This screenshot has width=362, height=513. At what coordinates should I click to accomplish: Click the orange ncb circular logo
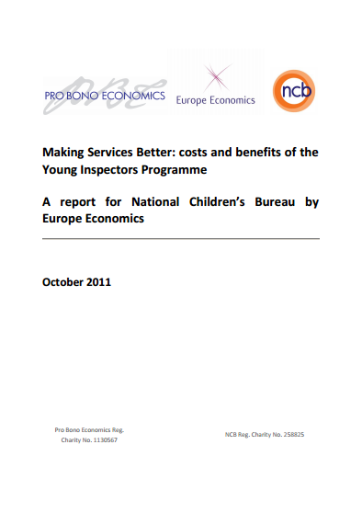pos(294,91)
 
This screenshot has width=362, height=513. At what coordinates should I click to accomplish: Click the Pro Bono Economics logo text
pos(105,96)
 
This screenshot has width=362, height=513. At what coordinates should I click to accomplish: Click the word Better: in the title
pos(160,152)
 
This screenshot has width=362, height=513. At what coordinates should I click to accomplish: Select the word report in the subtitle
pos(85,202)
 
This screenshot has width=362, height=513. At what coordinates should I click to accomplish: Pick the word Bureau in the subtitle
pos(277,202)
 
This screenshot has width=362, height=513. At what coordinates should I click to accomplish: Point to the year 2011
pos(101,282)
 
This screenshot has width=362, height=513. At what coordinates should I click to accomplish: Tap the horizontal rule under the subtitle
pos(181,238)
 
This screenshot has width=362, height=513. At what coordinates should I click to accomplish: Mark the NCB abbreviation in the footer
pos(232,433)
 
